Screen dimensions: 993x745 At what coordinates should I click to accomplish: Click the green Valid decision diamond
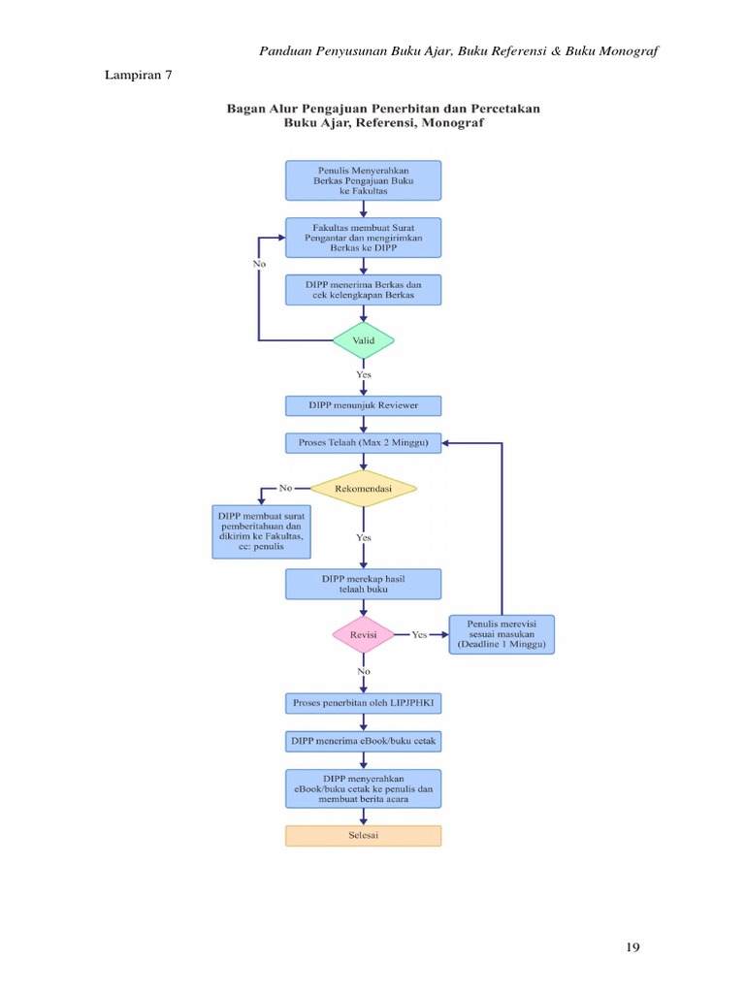(363, 340)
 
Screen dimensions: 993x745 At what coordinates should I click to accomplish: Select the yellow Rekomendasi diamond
(363, 490)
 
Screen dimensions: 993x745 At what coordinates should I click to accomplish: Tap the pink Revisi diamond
(363, 634)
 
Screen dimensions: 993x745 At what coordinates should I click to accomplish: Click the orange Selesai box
(363, 835)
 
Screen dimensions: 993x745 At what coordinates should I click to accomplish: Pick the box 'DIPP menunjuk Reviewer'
(363, 405)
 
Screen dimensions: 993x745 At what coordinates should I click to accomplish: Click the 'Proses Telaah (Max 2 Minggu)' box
(363, 443)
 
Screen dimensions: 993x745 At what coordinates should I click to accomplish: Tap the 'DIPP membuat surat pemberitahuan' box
(261, 531)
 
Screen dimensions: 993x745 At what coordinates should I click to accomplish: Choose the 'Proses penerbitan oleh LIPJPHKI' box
(363, 701)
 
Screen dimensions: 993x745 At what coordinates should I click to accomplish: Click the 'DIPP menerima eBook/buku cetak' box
(363, 741)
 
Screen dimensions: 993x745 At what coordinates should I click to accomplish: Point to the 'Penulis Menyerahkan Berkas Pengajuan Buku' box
(363, 180)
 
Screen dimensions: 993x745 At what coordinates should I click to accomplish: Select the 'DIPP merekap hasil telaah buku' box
(363, 584)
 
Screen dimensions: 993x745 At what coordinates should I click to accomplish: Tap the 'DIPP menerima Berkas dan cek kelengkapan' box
(363, 290)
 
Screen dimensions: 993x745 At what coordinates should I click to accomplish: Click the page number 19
(633, 947)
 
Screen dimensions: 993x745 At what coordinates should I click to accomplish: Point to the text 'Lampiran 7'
(138, 75)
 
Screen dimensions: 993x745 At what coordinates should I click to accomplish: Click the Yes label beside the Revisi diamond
(419, 634)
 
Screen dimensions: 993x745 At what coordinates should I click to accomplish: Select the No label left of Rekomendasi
(285, 487)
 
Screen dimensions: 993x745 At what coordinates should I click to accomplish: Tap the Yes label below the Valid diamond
(363, 373)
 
